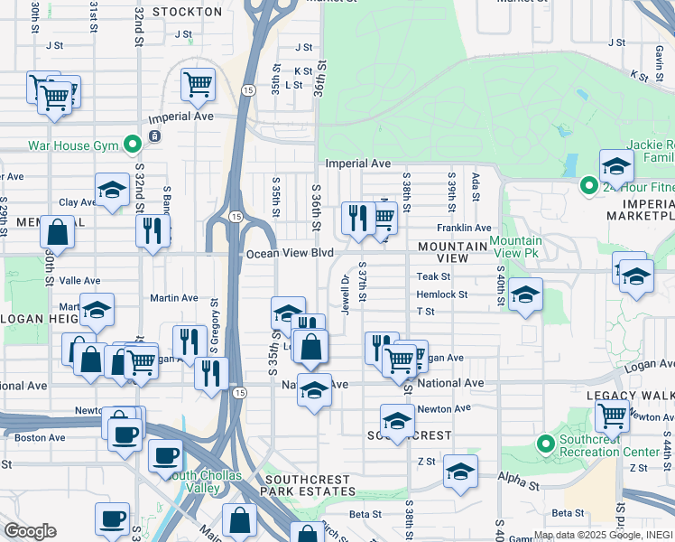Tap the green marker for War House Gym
[133, 144]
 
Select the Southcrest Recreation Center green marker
[544, 444]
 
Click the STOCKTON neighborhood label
[187, 12]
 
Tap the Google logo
[30, 531]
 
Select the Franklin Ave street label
[464, 229]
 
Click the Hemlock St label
[442, 294]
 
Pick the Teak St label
[433, 277]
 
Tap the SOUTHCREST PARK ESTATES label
[310, 491]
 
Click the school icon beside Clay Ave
[112, 190]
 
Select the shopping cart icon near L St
[198, 85]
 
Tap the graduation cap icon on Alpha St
[460, 472]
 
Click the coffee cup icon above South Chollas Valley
[164, 454]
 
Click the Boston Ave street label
[40, 438]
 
